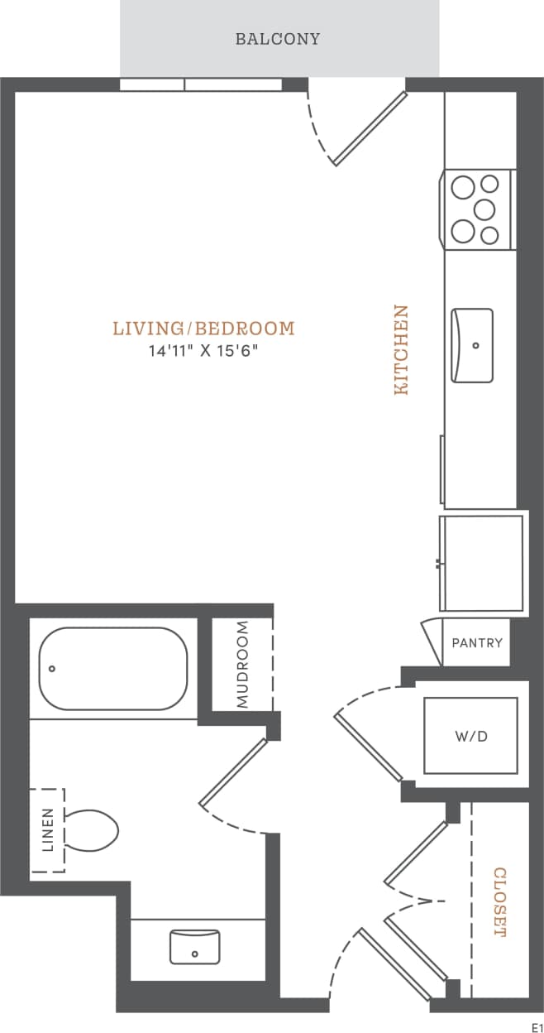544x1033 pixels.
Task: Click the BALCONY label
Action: (x=278, y=39)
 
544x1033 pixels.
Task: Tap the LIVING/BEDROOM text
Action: (x=203, y=329)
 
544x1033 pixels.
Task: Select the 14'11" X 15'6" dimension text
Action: (x=203, y=351)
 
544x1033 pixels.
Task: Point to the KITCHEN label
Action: (x=401, y=349)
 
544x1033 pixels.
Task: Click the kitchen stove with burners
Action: (x=479, y=209)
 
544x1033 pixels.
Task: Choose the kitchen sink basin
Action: (x=472, y=345)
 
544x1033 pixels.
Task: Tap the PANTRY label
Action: (x=477, y=642)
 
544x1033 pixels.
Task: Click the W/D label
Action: (x=470, y=736)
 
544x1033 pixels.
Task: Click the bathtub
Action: (x=113, y=668)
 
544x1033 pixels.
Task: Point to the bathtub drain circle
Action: (x=52, y=668)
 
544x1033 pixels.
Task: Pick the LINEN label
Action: (x=47, y=830)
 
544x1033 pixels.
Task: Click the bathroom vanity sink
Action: (x=194, y=946)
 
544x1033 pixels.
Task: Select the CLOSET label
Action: (x=499, y=901)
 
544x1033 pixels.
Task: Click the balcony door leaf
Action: (x=370, y=128)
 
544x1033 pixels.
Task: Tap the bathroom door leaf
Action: (x=234, y=771)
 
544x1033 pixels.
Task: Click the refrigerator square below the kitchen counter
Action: (x=481, y=564)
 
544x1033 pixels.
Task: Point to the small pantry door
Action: (x=432, y=641)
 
